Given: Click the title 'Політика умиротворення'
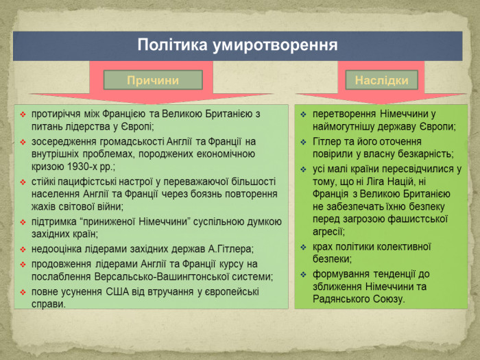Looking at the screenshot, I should pyautogui.click(x=238, y=45).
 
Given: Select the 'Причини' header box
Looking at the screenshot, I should pyautogui.click(x=153, y=80).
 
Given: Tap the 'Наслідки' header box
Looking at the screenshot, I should pyautogui.click(x=381, y=80).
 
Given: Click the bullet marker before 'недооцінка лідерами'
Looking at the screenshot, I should pyautogui.click(x=23, y=249).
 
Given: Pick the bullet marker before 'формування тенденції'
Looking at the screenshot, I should pyautogui.click(x=303, y=274).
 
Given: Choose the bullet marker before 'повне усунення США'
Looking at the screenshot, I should pyautogui.click(x=23, y=291).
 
